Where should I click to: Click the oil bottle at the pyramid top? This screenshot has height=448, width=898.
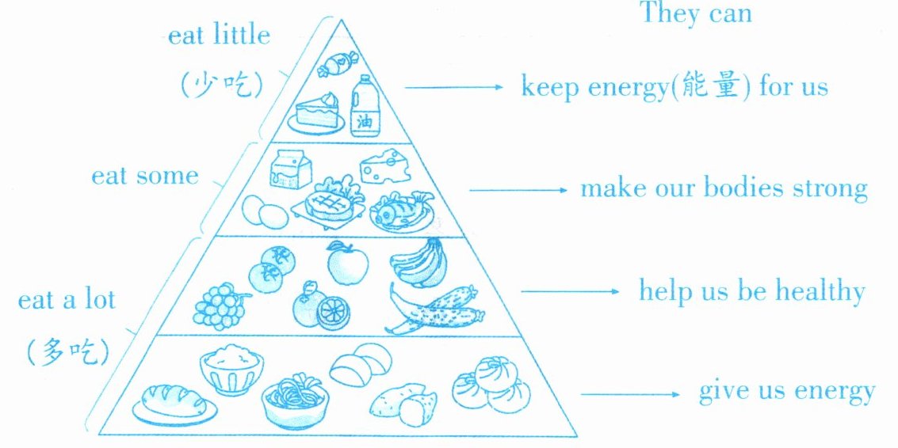pyautogui.click(x=364, y=106)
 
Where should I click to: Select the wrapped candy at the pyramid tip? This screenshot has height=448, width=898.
pyautogui.click(x=338, y=63)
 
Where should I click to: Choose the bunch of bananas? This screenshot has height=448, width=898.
pyautogui.click(x=418, y=261)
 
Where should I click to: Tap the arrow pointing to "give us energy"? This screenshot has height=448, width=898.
pyautogui.click(x=629, y=394)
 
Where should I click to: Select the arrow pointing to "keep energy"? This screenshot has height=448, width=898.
pyautogui.click(x=453, y=87)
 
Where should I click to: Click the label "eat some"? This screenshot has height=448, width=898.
pyautogui.click(x=144, y=175)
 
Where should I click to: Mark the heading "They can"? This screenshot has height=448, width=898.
pyautogui.click(x=695, y=14)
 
